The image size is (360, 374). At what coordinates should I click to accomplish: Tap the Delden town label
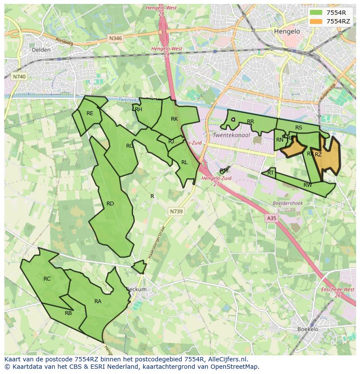[41, 50]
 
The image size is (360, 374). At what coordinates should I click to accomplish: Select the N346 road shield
[116, 38]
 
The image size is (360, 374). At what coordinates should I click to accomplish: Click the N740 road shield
[19, 76]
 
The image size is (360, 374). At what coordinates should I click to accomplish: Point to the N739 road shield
[176, 211]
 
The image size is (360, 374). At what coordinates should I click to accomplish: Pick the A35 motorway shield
[271, 218]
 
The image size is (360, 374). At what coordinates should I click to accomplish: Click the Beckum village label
[137, 289]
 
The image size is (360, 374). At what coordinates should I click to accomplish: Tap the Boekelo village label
[308, 329]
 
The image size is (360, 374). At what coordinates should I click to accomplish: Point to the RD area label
[110, 204]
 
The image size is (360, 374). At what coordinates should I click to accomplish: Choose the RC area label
[47, 279]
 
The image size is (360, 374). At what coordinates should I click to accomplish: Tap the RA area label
[98, 301]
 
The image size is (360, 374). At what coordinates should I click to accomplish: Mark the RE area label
[90, 113]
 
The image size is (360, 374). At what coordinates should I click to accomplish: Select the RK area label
[174, 119]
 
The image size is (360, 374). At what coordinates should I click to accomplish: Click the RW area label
[307, 185]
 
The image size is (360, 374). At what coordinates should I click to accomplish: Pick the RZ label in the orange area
[318, 155]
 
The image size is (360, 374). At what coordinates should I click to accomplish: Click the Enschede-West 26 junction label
[337, 292]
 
